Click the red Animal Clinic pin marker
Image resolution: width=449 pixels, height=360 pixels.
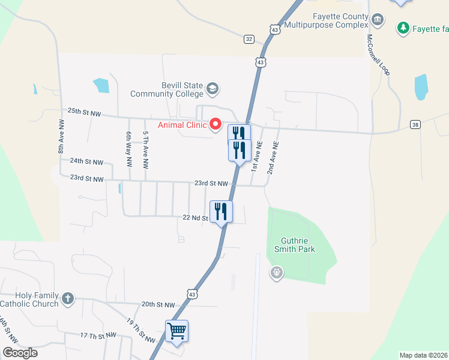tap(216, 125)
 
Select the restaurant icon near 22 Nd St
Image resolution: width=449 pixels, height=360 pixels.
tap(220, 212)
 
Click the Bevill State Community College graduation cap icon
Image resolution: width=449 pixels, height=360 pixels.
tap(212, 90)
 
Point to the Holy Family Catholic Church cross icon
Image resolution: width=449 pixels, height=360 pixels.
tap(68, 298)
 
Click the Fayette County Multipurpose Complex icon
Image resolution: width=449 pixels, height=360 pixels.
tap(378, 21)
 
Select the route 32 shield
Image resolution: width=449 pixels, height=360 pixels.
tap(249, 39)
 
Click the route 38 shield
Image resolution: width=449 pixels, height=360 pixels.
tap(415, 124)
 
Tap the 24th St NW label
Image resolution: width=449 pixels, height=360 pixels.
tap(86, 161)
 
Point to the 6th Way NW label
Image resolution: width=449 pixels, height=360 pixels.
tap(128, 149)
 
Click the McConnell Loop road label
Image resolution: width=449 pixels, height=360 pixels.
tap(378, 54)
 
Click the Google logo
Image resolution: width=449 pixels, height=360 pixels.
tap(20, 352)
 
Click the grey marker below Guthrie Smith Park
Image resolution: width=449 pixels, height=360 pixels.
tap(276, 274)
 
